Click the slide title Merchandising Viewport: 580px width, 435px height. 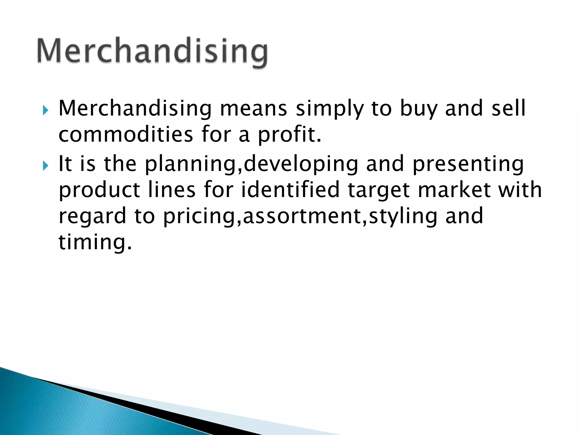pyautogui.click(x=152, y=52)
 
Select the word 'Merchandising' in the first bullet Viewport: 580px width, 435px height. pyautogui.click(x=135, y=109)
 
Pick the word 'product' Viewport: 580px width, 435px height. pyautogui.click(x=99, y=190)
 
